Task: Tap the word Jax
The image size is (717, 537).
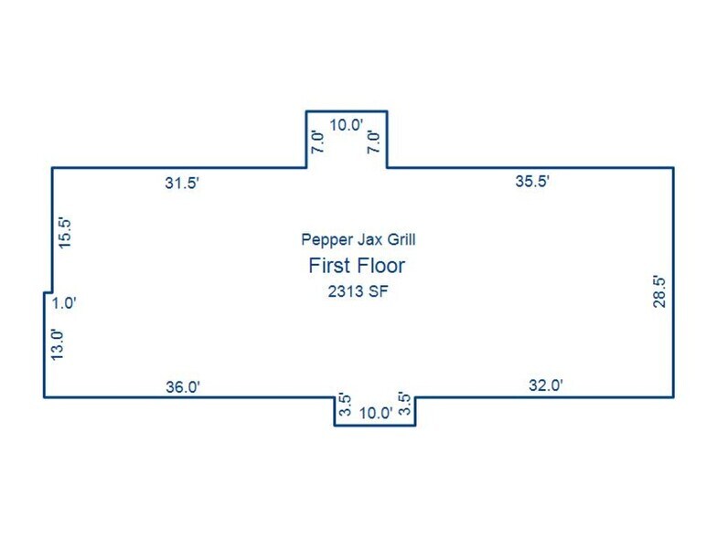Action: [x=370, y=239]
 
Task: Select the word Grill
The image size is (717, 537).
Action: [x=401, y=239]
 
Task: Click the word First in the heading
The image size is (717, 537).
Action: [x=329, y=266]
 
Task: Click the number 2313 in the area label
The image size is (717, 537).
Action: [x=346, y=291]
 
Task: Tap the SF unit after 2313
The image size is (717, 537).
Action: [x=379, y=291]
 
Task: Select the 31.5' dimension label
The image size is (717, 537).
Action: [x=182, y=183]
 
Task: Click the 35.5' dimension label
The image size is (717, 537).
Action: [x=532, y=181]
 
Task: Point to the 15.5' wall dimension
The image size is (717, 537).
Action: [x=65, y=233]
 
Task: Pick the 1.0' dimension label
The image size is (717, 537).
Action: [x=64, y=303]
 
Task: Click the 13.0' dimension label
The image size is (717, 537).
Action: [x=57, y=345]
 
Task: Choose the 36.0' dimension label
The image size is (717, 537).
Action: [x=183, y=387]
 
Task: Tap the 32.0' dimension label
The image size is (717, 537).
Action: [x=546, y=385]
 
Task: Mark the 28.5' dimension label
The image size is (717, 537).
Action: [x=659, y=291]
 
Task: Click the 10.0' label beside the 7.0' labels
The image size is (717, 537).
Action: [x=347, y=124]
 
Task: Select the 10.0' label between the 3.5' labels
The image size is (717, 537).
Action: [x=376, y=413]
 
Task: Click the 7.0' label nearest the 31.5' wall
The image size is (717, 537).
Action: [x=317, y=142]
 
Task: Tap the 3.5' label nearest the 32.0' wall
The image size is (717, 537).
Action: [x=404, y=404]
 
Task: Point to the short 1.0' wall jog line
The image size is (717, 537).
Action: [x=48, y=292]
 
